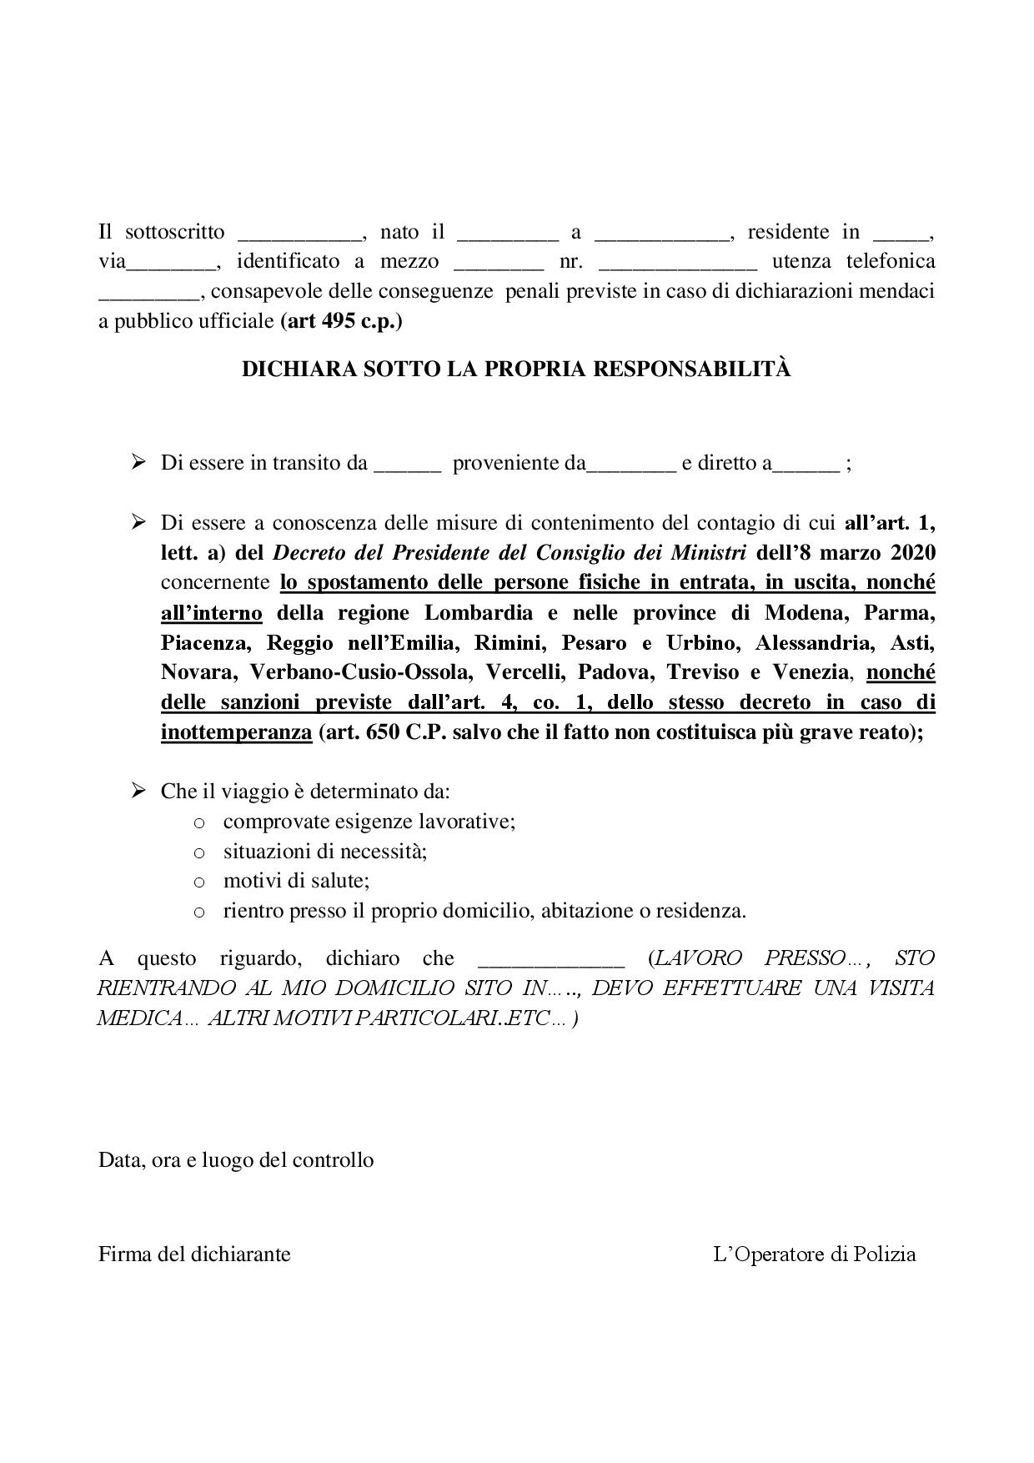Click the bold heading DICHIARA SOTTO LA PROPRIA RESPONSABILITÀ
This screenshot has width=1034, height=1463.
click(x=516, y=370)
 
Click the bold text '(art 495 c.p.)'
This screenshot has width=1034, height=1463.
click(x=341, y=321)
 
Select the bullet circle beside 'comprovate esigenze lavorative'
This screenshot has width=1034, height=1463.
click(x=199, y=823)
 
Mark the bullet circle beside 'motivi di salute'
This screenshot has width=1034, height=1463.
click(x=199, y=882)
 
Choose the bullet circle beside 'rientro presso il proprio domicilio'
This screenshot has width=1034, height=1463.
click(x=199, y=912)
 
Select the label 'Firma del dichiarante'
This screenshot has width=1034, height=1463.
click(x=194, y=1254)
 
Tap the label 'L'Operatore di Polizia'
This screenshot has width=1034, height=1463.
click(x=815, y=1254)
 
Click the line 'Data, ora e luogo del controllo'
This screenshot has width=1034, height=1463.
click(x=236, y=1159)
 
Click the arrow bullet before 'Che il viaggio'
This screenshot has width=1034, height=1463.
click(x=139, y=791)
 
